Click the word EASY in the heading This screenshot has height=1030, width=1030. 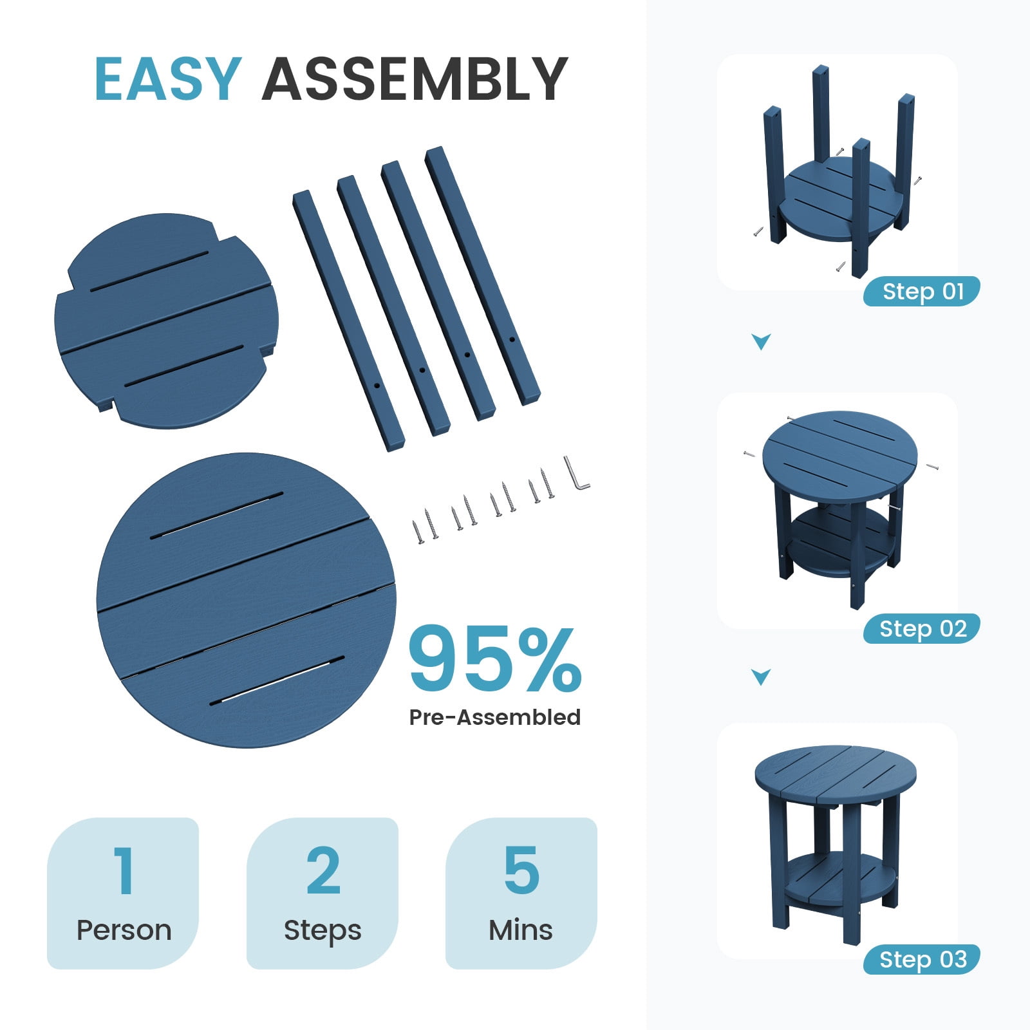pos(168,79)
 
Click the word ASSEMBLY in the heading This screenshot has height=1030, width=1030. pos(415,79)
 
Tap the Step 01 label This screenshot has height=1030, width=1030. pos(923,292)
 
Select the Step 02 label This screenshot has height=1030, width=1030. pos(923,629)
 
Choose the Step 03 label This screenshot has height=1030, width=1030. pos(923,960)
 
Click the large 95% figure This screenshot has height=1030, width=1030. pos(496,659)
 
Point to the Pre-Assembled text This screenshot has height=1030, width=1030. pos(495,717)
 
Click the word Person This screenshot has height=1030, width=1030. pos(124,930)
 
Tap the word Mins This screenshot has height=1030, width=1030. pos(521,930)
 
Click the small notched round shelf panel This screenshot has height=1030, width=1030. pos(166,321)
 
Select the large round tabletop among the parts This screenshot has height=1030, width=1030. pos(247,600)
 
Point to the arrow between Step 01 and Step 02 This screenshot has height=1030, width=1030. pos(762,341)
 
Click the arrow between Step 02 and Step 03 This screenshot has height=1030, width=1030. pos(762,677)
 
